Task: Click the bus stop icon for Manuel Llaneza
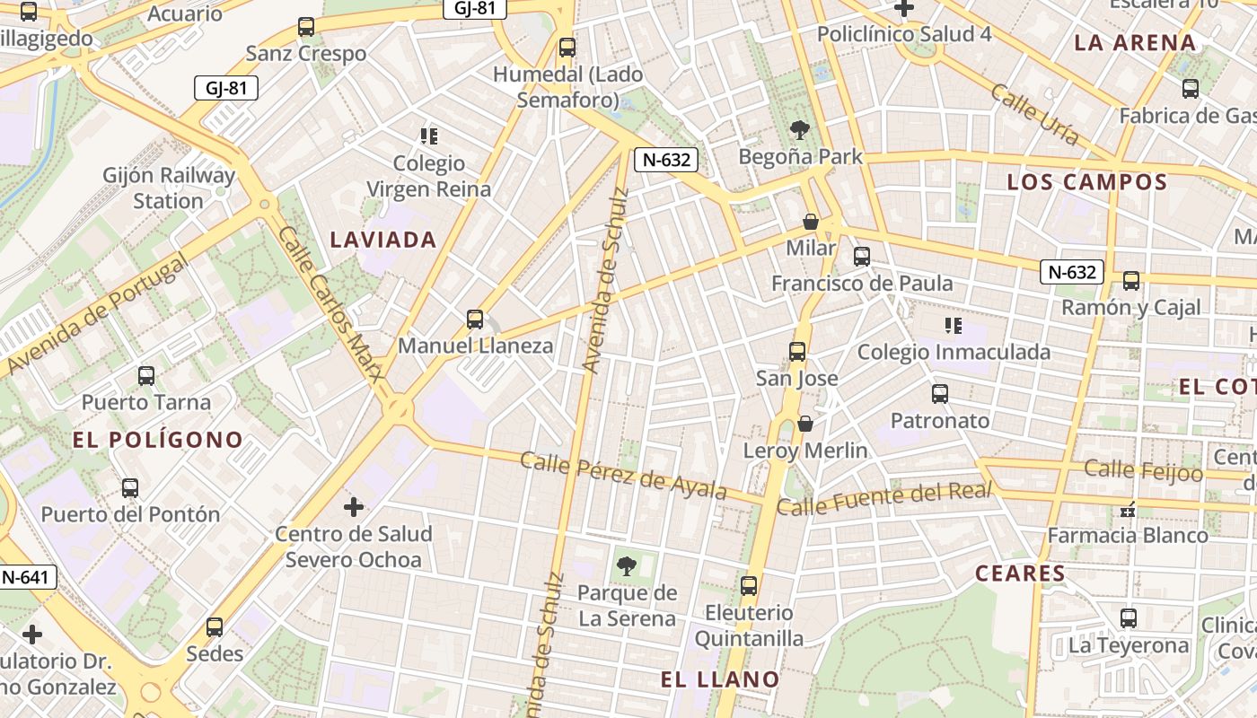(475, 319)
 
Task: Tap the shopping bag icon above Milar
(811, 221)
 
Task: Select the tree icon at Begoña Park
(799, 130)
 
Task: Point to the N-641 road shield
(26, 577)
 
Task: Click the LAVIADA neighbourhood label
(383, 240)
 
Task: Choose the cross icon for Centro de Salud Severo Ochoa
(354, 507)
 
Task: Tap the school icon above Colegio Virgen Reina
(429, 136)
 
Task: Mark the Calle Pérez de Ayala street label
(623, 475)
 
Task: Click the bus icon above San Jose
(797, 351)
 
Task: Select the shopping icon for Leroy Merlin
(805, 424)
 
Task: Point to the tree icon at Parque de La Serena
(627, 565)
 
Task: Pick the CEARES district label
(1020, 574)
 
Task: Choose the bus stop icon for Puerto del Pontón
(130, 487)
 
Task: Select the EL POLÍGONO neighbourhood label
(158, 440)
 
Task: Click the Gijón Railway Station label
(169, 188)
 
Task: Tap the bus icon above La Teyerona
(1129, 617)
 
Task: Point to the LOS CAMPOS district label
(1086, 182)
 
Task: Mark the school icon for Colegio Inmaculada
(953, 326)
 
